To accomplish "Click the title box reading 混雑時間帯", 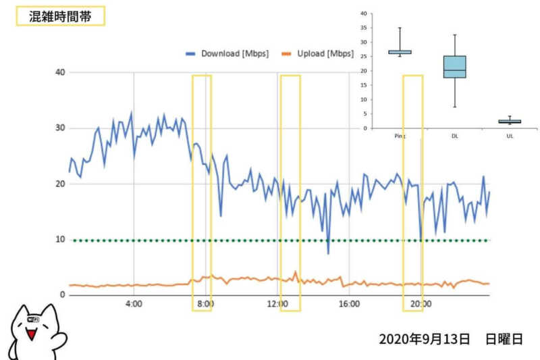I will pyautogui.click(x=60, y=16).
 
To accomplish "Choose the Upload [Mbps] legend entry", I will pyautogui.click(x=317, y=54).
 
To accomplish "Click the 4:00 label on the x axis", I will pyautogui.click(x=134, y=304).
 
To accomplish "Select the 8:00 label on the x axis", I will pyautogui.click(x=205, y=304).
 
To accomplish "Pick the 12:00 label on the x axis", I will pyautogui.click(x=277, y=304).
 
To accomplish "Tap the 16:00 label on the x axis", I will pyautogui.click(x=349, y=304).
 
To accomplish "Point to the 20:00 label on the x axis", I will pyautogui.click(x=421, y=304).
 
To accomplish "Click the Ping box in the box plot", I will pyautogui.click(x=400, y=52).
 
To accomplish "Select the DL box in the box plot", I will pyautogui.click(x=454, y=67).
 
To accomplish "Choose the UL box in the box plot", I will pyautogui.click(x=510, y=122).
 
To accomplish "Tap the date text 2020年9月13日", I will pyautogui.click(x=424, y=339).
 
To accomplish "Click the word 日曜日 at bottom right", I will pyautogui.click(x=504, y=339).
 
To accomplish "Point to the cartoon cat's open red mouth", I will pyautogui.click(x=30, y=334).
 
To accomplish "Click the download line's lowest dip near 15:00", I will pyautogui.click(x=329, y=253).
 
